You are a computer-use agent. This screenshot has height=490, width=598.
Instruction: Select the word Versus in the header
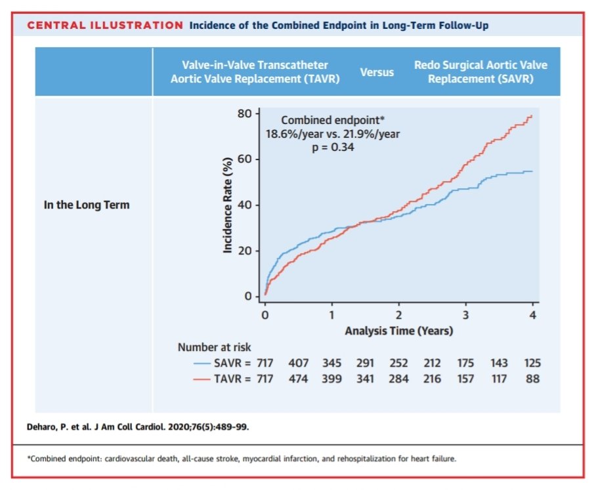coord(377,72)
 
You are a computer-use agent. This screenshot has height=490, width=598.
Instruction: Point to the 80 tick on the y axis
coord(244,113)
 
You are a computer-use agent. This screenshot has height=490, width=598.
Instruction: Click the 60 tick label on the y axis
coord(244,159)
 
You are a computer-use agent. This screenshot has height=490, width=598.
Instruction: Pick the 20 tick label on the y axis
coord(244,251)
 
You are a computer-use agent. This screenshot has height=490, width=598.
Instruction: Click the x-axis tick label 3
coord(465,315)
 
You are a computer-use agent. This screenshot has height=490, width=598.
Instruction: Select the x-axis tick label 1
coord(331,315)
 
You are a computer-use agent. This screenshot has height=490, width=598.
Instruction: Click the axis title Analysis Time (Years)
coord(398,331)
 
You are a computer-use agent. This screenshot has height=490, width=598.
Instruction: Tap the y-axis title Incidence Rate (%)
coord(228,205)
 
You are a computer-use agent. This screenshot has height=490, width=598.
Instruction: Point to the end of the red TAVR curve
coord(531,116)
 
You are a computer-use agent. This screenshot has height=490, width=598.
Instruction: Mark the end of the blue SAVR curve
coord(531,171)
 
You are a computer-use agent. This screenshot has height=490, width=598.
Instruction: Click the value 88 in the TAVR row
coord(532,378)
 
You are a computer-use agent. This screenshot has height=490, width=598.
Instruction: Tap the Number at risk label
coord(213,346)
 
